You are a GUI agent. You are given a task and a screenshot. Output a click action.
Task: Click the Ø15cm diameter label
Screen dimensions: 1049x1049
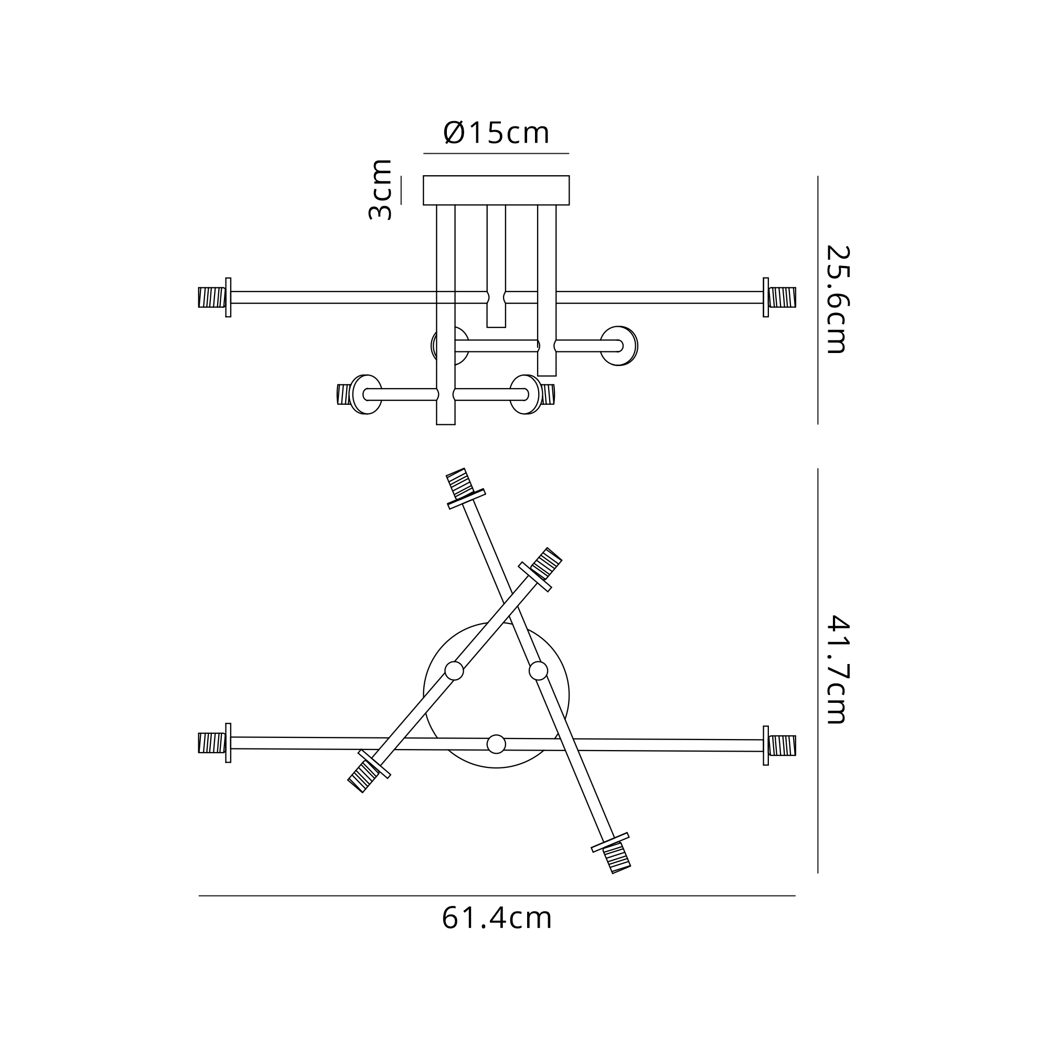[496, 133]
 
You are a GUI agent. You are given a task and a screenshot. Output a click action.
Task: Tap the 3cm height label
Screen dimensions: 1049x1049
[380, 189]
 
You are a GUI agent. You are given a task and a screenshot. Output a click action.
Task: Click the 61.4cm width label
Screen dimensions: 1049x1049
[497, 918]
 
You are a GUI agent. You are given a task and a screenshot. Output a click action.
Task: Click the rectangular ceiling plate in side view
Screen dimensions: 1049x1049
[496, 190]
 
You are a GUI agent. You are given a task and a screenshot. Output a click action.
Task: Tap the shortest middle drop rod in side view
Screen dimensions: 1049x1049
[496, 266]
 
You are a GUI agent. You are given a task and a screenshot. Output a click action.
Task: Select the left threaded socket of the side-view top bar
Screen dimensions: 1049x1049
[212, 297]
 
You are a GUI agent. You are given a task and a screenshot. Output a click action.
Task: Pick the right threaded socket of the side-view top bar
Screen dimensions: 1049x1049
[783, 297]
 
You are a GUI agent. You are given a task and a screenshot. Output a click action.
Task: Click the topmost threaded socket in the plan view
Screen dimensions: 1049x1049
[459, 483]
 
